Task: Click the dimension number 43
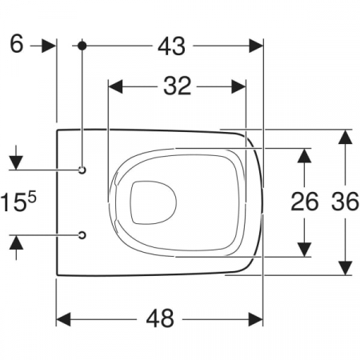(x=171, y=46)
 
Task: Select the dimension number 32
(x=178, y=86)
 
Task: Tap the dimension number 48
(x=160, y=318)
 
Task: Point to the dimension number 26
(x=305, y=202)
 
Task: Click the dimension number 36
(x=345, y=202)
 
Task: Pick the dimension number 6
(x=17, y=44)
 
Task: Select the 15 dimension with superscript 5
(x=18, y=202)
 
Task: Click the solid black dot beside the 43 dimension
(x=82, y=46)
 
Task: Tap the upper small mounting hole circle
(x=82, y=170)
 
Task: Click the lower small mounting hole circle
(x=82, y=235)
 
